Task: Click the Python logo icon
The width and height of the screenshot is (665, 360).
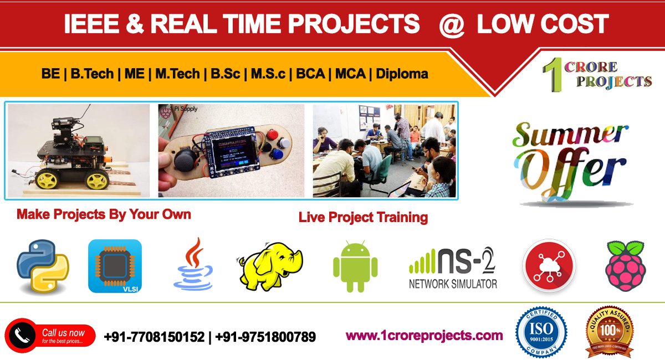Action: (43, 266)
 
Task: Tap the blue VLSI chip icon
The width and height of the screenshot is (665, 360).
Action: (115, 266)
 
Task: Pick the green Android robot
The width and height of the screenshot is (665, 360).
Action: (355, 266)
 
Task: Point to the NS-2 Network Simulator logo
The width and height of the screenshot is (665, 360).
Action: (453, 268)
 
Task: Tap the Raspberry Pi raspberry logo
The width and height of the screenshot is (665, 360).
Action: (626, 266)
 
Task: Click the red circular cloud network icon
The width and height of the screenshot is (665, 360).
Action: (549, 266)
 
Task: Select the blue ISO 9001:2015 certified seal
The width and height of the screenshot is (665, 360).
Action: (541, 333)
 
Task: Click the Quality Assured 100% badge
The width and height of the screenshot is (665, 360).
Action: (610, 333)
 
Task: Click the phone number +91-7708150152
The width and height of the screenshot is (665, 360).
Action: (154, 336)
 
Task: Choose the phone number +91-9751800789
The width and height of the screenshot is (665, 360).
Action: (265, 336)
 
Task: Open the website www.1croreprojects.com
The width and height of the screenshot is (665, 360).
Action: (424, 335)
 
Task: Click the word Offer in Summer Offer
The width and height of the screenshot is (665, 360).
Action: (571, 172)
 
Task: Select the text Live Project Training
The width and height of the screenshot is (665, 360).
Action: (363, 217)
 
